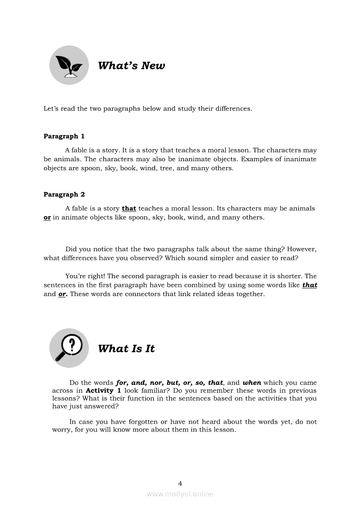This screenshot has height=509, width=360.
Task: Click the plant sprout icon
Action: point(68,65)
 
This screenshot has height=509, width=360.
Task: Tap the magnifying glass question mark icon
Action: point(68,347)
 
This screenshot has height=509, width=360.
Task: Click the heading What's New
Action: point(131,66)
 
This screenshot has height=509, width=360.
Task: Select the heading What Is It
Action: point(126,349)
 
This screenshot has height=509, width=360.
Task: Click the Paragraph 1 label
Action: point(64,136)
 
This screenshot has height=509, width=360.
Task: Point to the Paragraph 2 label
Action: point(64,195)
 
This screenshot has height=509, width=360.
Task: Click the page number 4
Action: point(180,483)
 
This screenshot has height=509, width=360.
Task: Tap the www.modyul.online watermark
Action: point(180,494)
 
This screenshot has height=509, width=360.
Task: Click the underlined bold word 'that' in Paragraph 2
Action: point(129,209)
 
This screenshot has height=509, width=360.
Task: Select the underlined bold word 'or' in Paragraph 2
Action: point(47,217)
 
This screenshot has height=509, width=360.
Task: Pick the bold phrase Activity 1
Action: point(103,391)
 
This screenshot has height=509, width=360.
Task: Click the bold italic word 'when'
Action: point(252,383)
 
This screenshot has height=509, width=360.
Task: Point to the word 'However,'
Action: point(302,249)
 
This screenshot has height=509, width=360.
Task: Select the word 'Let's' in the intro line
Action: point(51,108)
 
